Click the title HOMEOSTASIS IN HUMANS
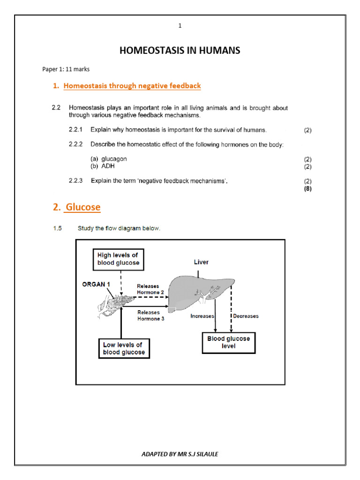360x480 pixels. [180, 51]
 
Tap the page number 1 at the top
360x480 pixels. [180, 26]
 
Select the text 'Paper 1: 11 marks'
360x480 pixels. [66, 69]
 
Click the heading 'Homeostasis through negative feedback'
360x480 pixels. [132, 86]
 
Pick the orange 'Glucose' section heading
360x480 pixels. [83, 207]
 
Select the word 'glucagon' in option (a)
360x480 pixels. [114, 159]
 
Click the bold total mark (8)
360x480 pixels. [307, 189]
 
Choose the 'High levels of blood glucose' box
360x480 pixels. [118, 259]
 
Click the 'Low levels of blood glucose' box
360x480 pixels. [124, 348]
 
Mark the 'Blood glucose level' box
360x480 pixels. [229, 342]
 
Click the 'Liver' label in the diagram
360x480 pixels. [202, 262]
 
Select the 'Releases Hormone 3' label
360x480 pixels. [148, 315]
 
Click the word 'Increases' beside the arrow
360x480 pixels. [202, 316]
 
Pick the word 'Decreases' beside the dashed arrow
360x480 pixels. [247, 316]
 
